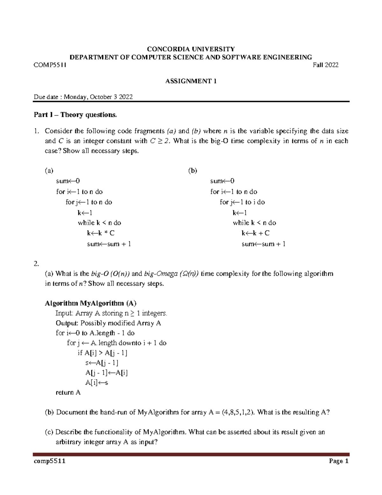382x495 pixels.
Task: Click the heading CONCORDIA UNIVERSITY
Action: coord(190,49)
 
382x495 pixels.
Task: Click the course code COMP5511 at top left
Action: coord(50,65)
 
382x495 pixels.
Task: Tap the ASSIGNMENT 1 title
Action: coord(191,81)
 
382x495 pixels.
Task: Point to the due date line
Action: coord(83,97)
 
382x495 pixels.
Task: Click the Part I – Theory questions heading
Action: coord(75,115)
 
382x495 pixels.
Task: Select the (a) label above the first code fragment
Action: coord(49,171)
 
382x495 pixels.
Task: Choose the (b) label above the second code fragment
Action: coord(193,171)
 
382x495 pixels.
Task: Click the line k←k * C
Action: coord(101,233)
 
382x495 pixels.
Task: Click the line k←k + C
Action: coord(255,233)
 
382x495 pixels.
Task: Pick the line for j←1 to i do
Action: coord(242,202)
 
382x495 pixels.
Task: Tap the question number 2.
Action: coord(36,264)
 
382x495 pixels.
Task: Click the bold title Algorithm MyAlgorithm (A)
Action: coord(91,303)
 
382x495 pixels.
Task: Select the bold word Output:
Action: coord(67,323)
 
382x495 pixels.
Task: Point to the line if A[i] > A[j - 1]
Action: coord(103,353)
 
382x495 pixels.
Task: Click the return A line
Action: coord(68,393)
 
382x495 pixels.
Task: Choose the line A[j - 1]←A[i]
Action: coord(106,373)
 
